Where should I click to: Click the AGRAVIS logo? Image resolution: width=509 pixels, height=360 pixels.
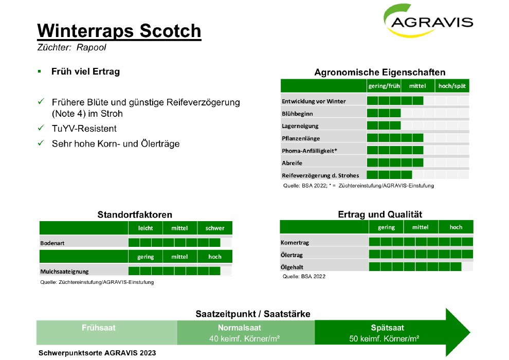click(428, 21)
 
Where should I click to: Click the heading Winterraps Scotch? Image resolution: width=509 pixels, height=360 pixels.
click(119, 31)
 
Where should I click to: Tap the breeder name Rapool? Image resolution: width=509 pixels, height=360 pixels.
click(91, 47)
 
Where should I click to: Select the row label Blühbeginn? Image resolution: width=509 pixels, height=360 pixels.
click(297, 114)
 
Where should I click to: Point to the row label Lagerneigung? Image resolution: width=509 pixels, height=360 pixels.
click(300, 126)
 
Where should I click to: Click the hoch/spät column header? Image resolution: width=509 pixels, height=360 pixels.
click(452, 86)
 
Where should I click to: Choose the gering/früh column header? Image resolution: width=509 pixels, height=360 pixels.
click(384, 86)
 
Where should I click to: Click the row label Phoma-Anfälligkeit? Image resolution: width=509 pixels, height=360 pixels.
click(310, 151)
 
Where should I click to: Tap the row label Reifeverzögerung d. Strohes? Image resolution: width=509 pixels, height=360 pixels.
click(320, 175)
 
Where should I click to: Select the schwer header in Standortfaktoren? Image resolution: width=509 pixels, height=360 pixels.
click(214, 228)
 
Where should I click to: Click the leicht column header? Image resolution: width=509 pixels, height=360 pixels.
click(145, 228)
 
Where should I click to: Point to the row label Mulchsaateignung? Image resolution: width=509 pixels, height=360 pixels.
click(64, 272)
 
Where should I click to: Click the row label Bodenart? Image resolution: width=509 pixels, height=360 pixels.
click(52, 243)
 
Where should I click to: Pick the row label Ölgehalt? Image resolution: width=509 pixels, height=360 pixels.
click(292, 267)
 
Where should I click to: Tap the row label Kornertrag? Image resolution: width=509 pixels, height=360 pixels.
click(295, 243)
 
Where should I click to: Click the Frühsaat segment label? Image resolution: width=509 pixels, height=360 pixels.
click(98, 328)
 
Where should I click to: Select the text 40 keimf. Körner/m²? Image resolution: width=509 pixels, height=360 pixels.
click(244, 338)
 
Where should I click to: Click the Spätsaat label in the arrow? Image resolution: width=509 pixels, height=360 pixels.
click(387, 328)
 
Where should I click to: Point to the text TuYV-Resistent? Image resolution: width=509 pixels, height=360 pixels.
click(84, 129)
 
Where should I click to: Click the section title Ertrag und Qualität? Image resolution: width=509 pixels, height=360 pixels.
click(380, 214)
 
